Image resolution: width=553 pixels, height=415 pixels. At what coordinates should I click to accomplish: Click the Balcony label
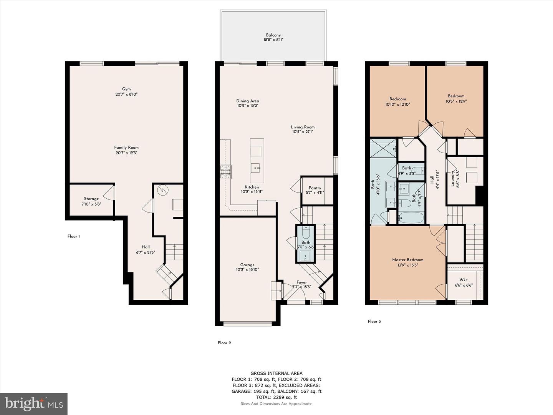tap(273, 35)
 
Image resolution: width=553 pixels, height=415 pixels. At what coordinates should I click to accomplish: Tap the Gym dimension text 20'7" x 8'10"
tap(126, 94)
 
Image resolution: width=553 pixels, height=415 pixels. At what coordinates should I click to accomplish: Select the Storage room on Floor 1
tap(91, 201)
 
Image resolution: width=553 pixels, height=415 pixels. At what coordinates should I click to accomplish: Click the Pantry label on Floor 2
tap(315, 188)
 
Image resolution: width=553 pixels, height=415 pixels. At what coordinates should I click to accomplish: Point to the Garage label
tap(247, 265)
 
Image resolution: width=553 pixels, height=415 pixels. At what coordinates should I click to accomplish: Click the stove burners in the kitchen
tap(226, 171)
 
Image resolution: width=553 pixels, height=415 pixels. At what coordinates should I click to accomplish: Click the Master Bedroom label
tap(407, 260)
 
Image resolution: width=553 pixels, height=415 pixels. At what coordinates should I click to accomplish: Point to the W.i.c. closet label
tap(464, 280)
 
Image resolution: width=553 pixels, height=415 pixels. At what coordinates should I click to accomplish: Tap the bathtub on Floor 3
tap(411, 218)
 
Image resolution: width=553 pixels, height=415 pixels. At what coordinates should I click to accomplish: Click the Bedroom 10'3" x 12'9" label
tap(456, 96)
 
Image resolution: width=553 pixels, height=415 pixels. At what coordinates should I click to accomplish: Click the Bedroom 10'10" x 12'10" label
tap(397, 99)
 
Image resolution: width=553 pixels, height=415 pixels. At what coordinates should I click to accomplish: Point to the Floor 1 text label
tap(73, 236)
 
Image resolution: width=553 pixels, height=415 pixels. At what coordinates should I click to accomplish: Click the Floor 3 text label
tap(374, 321)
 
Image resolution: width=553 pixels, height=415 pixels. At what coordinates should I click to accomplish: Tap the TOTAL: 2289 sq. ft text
tap(276, 397)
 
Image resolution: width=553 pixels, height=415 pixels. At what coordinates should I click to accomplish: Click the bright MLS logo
tap(34, 403)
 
